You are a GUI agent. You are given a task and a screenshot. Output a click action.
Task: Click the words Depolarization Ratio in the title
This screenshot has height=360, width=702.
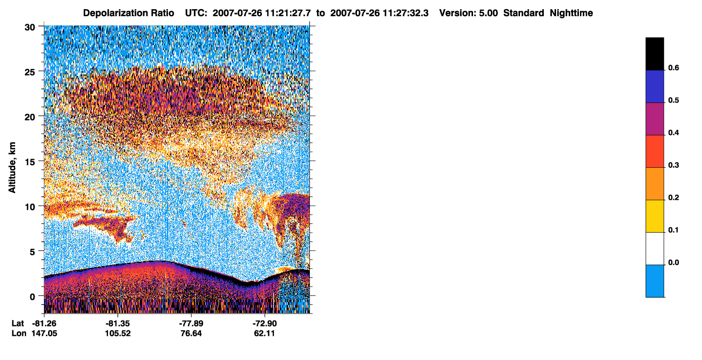click(129, 13)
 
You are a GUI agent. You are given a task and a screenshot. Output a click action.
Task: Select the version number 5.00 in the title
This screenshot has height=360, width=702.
click(488, 13)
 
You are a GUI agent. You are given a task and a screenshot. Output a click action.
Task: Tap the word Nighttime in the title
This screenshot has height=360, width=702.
click(571, 13)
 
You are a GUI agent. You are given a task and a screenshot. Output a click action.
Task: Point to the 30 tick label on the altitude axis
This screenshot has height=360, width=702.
click(30, 28)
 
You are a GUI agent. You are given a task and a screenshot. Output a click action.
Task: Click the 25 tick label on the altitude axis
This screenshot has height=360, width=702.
click(30, 72)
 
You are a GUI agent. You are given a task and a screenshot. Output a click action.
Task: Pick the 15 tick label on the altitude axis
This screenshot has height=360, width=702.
click(30, 162)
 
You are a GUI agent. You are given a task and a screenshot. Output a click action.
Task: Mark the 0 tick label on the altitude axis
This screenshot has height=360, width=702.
click(32, 297)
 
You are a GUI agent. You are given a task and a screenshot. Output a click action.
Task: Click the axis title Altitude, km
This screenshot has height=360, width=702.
click(12, 167)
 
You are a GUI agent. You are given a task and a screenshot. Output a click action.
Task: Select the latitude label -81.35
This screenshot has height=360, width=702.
click(118, 324)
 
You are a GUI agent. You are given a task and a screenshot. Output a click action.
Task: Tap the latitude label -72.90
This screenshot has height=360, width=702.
click(265, 324)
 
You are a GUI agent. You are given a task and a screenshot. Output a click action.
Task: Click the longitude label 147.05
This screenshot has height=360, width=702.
click(44, 334)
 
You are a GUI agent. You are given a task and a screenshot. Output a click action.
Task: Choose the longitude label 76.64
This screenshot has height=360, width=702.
click(191, 334)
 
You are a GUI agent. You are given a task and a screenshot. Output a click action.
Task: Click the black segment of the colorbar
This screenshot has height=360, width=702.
click(654, 54)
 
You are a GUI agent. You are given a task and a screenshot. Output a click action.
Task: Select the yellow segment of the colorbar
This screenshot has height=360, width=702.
click(654, 216)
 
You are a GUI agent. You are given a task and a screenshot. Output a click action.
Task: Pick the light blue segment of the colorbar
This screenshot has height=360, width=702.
click(654, 281)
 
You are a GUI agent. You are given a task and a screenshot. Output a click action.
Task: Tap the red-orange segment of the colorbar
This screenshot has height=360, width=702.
click(654, 151)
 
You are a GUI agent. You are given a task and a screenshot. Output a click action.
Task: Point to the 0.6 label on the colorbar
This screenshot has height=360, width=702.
click(673, 67)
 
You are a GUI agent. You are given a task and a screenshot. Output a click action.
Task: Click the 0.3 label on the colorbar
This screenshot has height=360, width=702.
click(673, 165)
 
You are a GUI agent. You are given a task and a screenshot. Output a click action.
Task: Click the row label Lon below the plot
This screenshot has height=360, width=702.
click(19, 334)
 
